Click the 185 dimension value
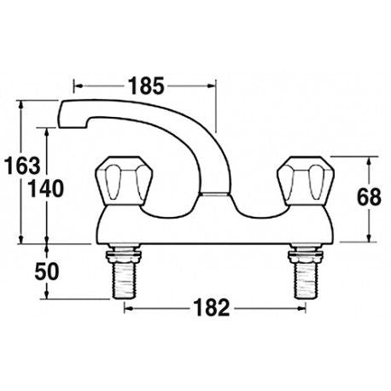coord(144,85)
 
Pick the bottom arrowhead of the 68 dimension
coord(369,238)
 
